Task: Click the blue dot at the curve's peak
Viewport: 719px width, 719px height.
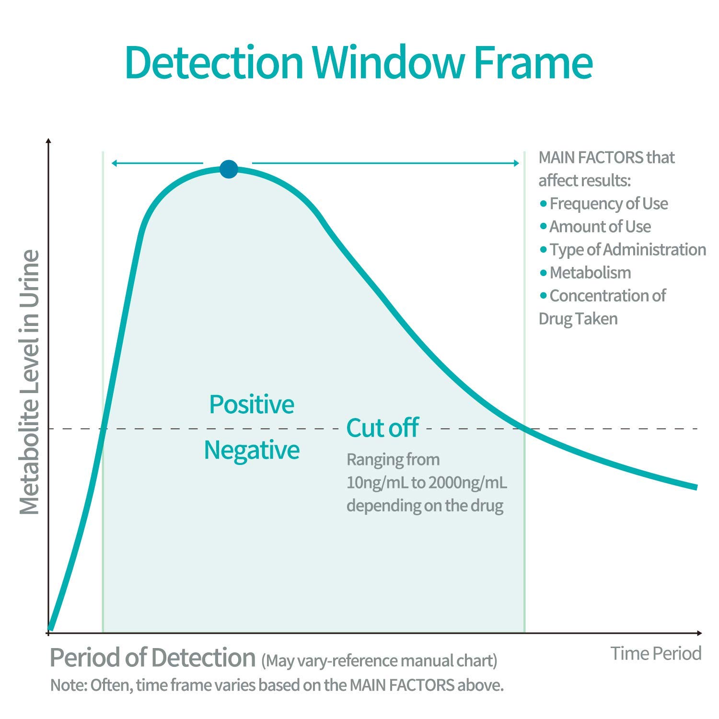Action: point(229,169)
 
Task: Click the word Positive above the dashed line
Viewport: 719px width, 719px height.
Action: point(252,404)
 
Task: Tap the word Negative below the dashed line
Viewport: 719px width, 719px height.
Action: point(252,450)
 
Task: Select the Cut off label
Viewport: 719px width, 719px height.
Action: point(383,428)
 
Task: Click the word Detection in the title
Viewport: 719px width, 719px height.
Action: point(214,63)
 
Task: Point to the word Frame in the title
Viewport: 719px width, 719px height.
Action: point(533,63)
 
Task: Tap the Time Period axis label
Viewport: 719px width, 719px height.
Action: point(656,653)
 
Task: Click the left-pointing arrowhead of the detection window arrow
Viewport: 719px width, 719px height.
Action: point(114,163)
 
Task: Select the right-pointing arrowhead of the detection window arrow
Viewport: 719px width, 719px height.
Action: point(516,163)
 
